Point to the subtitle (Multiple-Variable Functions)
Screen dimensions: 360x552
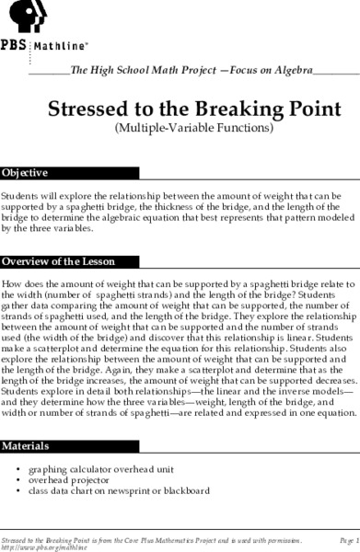pos(193,128)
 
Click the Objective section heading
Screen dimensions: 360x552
pos(25,173)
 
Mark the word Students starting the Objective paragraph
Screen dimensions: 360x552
pos(19,196)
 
